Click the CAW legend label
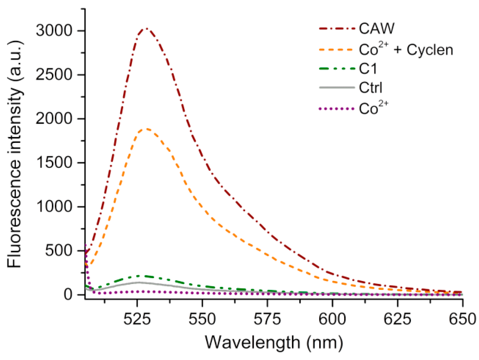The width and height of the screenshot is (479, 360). (x=377, y=28)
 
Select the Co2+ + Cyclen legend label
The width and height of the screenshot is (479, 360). (x=406, y=50)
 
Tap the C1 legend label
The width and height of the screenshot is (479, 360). (x=368, y=69)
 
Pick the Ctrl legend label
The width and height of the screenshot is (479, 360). (x=370, y=88)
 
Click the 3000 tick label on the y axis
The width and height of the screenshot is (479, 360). (x=54, y=30)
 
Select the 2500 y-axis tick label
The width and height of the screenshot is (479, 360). (x=54, y=75)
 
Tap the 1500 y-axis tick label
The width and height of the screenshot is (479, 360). (x=54, y=163)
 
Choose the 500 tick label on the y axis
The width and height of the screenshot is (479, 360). (x=59, y=250)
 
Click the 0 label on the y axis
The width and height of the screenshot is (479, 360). (x=68, y=294)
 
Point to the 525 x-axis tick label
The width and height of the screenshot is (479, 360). (x=137, y=319)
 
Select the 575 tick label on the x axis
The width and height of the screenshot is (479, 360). (x=267, y=319)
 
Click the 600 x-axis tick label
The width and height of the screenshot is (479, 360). (x=332, y=319)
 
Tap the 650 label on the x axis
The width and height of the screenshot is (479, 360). (x=462, y=319)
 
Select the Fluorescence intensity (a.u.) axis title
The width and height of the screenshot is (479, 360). (x=15, y=154)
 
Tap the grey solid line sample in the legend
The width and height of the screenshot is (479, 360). (x=337, y=88)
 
